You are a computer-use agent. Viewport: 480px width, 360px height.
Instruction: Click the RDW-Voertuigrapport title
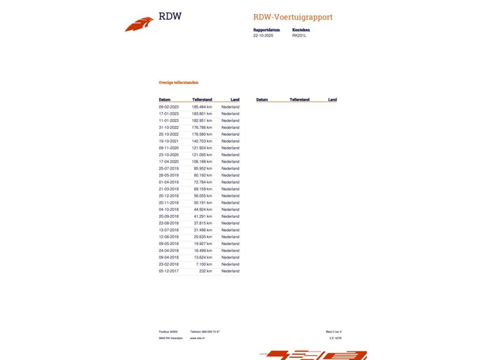(293, 17)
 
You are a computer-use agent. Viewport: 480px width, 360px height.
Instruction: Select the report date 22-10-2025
(263, 35)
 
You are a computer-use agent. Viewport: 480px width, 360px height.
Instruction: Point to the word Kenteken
(301, 30)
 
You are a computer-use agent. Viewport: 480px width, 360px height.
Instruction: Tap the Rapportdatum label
(266, 30)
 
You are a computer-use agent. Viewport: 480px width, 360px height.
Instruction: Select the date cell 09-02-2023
(169, 106)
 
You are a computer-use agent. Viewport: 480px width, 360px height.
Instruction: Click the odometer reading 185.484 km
(202, 106)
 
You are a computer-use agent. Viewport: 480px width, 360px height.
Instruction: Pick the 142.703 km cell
(202, 141)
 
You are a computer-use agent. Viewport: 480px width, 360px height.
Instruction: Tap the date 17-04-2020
(169, 162)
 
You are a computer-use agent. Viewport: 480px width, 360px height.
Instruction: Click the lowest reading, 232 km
(205, 271)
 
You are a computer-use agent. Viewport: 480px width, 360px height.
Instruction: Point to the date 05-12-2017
(169, 271)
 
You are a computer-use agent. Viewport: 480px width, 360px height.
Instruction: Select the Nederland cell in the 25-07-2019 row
(231, 168)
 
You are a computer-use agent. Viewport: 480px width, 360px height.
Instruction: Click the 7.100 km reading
(203, 264)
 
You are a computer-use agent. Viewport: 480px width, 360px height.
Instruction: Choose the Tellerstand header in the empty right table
(299, 99)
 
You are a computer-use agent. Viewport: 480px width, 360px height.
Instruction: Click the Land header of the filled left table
(235, 99)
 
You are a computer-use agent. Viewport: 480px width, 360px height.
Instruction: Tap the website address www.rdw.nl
(196, 338)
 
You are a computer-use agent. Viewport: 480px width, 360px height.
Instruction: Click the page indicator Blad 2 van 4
(334, 331)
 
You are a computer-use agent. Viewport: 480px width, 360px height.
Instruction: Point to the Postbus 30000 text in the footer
(168, 331)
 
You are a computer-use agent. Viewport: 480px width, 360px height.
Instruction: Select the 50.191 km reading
(203, 202)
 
